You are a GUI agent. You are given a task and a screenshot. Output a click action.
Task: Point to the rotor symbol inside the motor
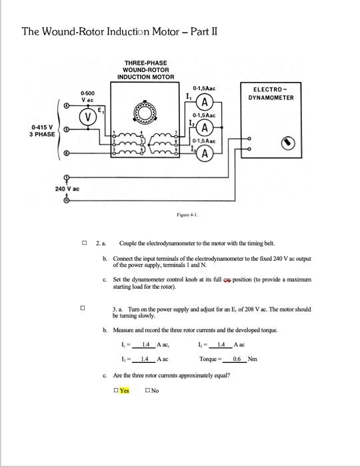pyautogui.click(x=145, y=112)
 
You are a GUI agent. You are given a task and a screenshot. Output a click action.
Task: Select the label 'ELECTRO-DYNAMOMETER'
pyautogui.click(x=271, y=93)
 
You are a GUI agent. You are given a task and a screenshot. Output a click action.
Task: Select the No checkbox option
pyautogui.click(x=147, y=390)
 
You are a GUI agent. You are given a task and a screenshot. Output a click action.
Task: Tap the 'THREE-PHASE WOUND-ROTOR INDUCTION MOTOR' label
pyautogui.click(x=145, y=70)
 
